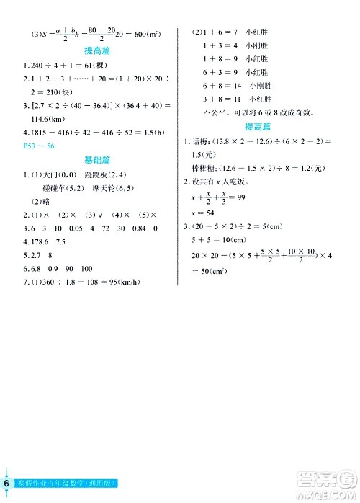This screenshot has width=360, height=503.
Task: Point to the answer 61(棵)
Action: tap(91, 64)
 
